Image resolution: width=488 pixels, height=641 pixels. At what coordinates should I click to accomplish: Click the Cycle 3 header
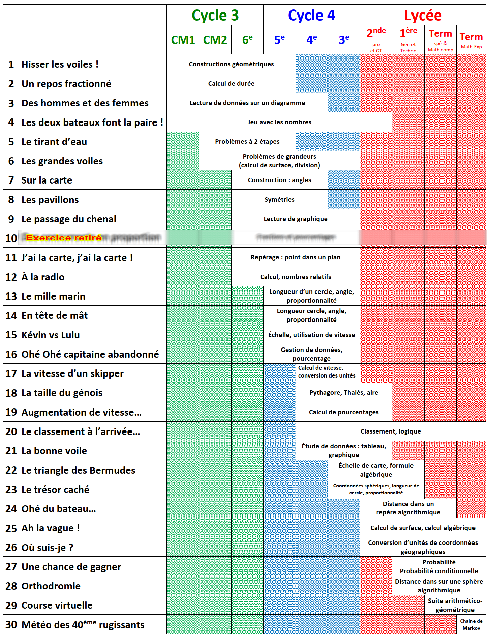click(215, 16)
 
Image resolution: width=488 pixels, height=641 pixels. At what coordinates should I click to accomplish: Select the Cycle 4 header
click(311, 16)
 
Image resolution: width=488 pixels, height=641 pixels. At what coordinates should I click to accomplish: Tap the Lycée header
click(423, 16)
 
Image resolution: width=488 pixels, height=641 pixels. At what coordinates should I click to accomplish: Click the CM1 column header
click(183, 40)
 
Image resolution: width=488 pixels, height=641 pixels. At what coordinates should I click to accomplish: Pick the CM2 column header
click(215, 40)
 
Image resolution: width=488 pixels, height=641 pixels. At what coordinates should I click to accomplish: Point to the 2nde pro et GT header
click(376, 39)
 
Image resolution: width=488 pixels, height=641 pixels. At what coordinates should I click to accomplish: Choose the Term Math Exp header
click(471, 39)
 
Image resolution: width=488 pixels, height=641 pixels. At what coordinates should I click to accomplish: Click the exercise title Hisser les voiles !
click(60, 64)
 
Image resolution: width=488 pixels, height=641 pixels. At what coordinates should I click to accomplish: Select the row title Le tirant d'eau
click(54, 142)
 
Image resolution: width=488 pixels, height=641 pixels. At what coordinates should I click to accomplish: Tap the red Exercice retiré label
click(64, 238)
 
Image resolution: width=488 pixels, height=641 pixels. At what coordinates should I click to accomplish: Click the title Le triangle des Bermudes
click(78, 470)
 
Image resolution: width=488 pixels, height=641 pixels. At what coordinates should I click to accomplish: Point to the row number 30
click(11, 625)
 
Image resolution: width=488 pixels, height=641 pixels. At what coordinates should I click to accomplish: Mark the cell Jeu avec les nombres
click(279, 122)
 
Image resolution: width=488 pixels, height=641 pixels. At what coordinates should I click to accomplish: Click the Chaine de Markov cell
click(471, 624)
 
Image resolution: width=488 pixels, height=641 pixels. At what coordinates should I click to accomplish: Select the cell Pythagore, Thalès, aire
click(344, 393)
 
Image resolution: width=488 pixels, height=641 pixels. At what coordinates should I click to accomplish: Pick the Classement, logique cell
click(391, 431)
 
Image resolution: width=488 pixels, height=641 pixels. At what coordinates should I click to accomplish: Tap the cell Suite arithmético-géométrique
click(455, 605)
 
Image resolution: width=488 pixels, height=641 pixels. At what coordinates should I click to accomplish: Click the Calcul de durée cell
click(231, 84)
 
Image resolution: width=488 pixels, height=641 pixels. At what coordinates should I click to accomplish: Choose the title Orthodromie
click(51, 586)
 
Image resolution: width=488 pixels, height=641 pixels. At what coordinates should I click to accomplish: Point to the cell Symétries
click(279, 200)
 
